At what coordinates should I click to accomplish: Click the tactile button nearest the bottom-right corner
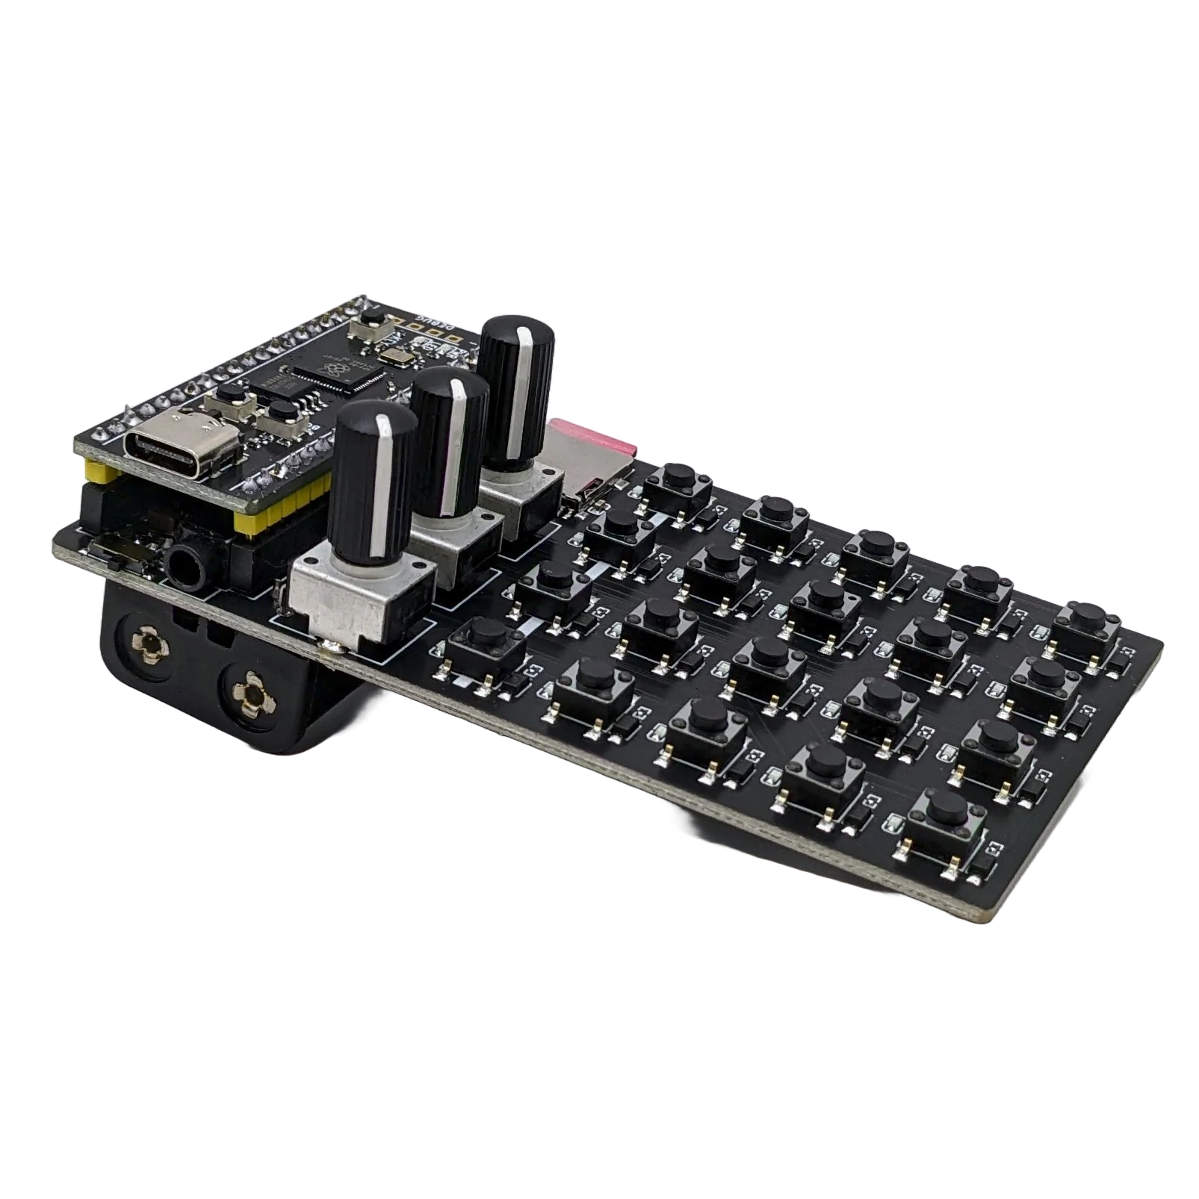946,817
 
